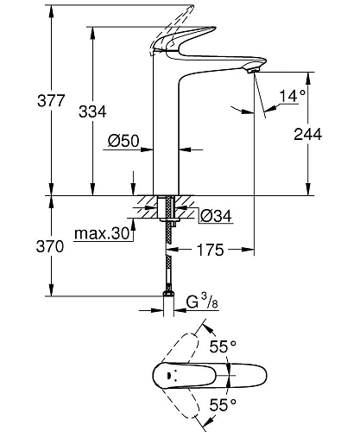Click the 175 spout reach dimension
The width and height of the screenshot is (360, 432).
(211, 251)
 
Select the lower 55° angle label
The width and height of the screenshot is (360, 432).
(222, 404)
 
